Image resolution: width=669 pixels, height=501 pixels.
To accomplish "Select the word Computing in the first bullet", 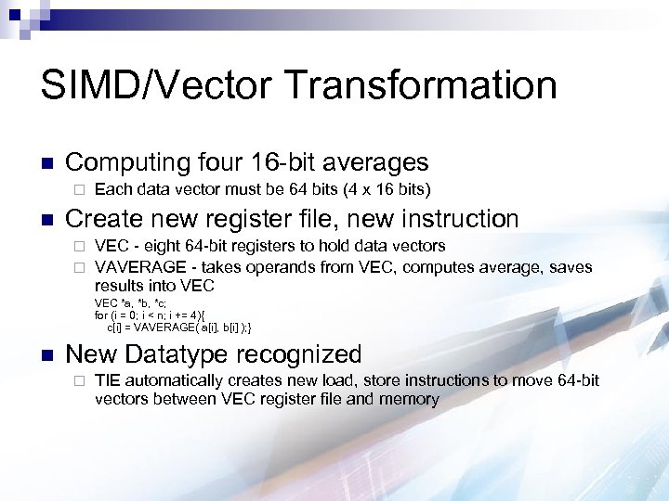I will point(126,162).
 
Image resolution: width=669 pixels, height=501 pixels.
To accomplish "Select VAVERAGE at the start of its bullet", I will point(135,266).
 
